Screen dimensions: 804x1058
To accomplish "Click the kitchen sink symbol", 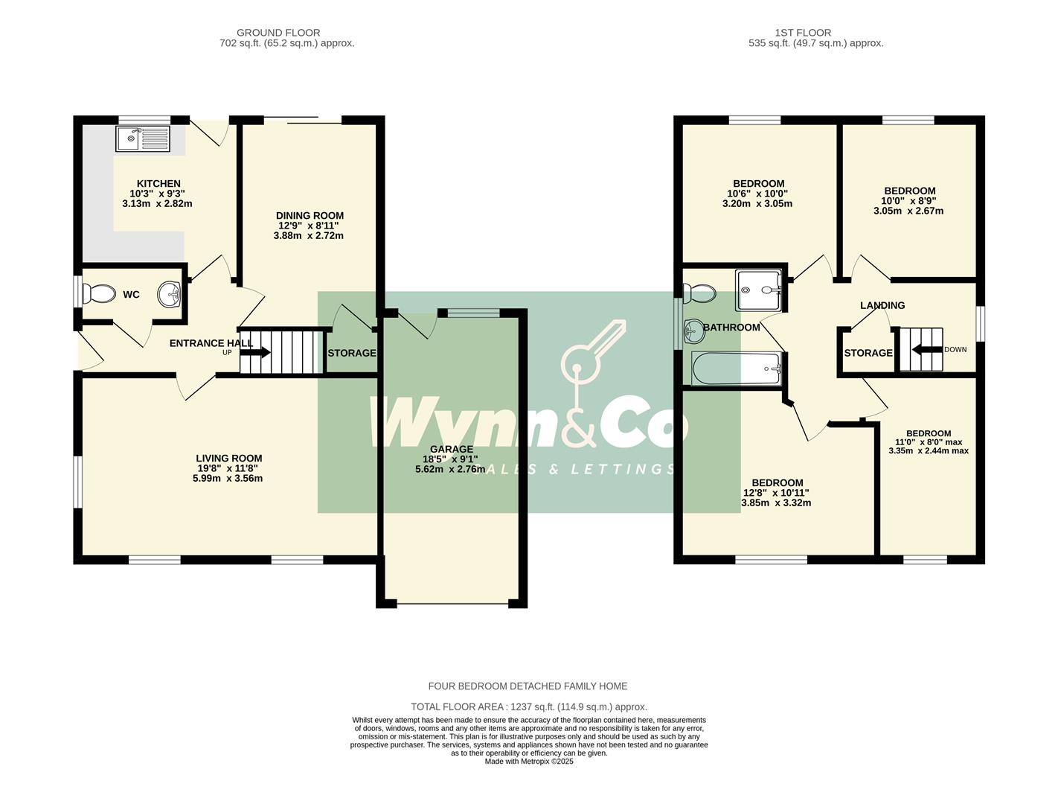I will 143,138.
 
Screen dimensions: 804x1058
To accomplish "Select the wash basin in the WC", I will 170,294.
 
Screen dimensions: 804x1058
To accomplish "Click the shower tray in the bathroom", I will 758,290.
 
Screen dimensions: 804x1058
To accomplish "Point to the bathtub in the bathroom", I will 736,368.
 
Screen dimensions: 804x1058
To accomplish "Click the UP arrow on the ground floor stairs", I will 254,352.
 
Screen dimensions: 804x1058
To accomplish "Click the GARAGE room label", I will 451,449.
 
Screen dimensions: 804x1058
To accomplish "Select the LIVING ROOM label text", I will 228,459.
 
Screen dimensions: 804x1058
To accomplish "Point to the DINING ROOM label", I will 310,216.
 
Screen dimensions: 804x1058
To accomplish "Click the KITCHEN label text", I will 158,184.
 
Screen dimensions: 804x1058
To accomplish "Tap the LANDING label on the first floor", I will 882,305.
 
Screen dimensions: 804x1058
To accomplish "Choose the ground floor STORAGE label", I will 352,353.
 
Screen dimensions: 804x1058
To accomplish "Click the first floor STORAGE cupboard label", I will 868,353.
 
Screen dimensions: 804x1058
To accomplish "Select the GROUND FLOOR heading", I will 278,33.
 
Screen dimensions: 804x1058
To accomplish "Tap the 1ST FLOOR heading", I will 803,33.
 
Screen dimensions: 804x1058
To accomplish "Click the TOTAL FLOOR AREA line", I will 529,706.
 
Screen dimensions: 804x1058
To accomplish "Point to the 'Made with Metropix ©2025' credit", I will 529,762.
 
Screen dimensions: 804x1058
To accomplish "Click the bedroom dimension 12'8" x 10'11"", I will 776,493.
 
